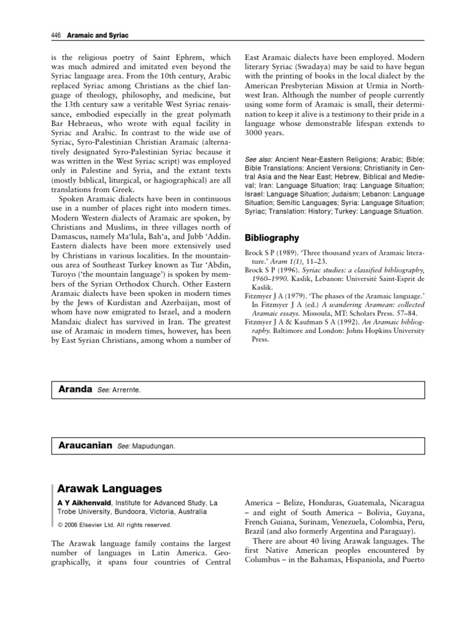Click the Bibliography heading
pyautogui.click(x=272, y=237)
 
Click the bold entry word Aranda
pyautogui.click(x=74, y=389)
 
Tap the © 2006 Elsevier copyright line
pyautogui.click(x=114, y=525)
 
